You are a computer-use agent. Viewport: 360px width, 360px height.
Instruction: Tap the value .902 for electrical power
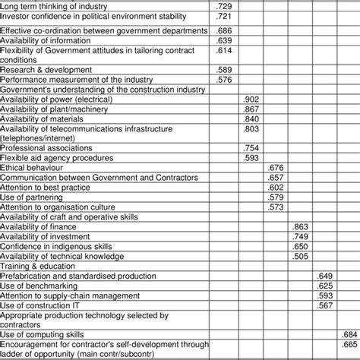coord(251,99)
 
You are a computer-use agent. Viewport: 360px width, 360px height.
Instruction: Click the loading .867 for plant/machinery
coord(251,109)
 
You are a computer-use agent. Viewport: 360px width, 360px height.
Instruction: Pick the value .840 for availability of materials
coord(251,118)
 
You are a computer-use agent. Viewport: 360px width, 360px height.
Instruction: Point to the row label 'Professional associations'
coord(46,148)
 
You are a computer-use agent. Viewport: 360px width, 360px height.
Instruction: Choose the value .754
coord(251,148)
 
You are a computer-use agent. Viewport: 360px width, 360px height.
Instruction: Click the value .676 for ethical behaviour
coord(276,167)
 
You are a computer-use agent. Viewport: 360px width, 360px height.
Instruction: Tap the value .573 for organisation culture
coord(276,207)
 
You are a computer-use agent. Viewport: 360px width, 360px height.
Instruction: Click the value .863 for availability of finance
coord(300,226)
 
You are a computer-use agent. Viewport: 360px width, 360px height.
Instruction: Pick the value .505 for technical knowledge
coord(300,256)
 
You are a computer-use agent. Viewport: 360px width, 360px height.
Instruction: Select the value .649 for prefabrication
coord(325,276)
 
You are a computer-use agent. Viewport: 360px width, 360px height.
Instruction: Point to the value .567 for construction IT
coord(325,305)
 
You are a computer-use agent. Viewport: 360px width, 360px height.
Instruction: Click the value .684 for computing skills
coord(349,334)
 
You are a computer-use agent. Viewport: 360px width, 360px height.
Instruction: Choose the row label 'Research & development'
coord(46,70)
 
